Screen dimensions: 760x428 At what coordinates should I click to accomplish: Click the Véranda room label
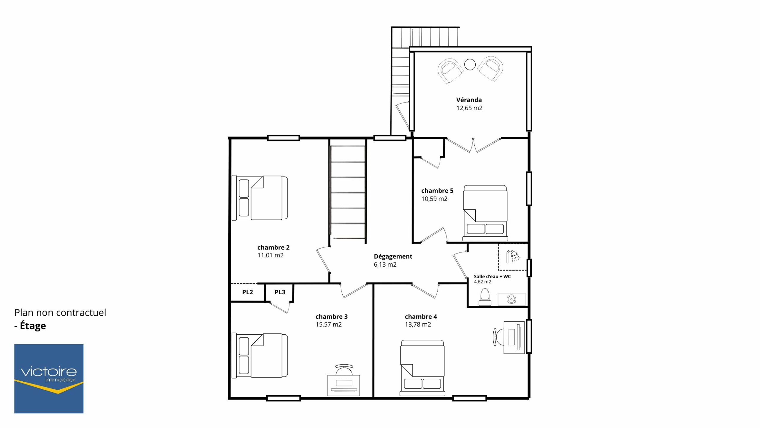(x=469, y=100)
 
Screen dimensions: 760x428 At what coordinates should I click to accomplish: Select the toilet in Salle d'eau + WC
(x=484, y=297)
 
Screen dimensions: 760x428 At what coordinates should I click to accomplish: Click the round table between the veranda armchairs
(x=470, y=64)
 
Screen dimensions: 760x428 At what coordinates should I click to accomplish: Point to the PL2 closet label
(x=248, y=292)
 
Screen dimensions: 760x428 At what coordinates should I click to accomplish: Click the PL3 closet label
(x=280, y=292)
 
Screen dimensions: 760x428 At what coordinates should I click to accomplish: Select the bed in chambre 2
(x=260, y=198)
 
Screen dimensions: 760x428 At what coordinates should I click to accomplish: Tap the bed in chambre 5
(x=485, y=213)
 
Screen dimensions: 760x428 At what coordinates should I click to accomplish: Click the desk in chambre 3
(x=343, y=380)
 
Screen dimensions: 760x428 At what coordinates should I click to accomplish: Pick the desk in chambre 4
(x=509, y=337)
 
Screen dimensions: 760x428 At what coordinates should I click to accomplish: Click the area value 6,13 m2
(x=385, y=265)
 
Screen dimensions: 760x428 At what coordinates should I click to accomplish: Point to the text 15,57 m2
(x=328, y=325)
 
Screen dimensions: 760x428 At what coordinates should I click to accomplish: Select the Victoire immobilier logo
(x=49, y=379)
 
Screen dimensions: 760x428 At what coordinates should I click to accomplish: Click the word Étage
(x=33, y=326)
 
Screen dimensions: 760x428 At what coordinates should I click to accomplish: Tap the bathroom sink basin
(x=511, y=299)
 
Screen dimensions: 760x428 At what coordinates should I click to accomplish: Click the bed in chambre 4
(x=422, y=368)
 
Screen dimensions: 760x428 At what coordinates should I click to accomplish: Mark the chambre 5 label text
(x=437, y=191)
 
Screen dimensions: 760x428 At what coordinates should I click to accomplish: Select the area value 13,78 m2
(x=418, y=325)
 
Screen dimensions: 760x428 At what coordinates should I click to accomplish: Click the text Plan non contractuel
(x=60, y=312)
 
